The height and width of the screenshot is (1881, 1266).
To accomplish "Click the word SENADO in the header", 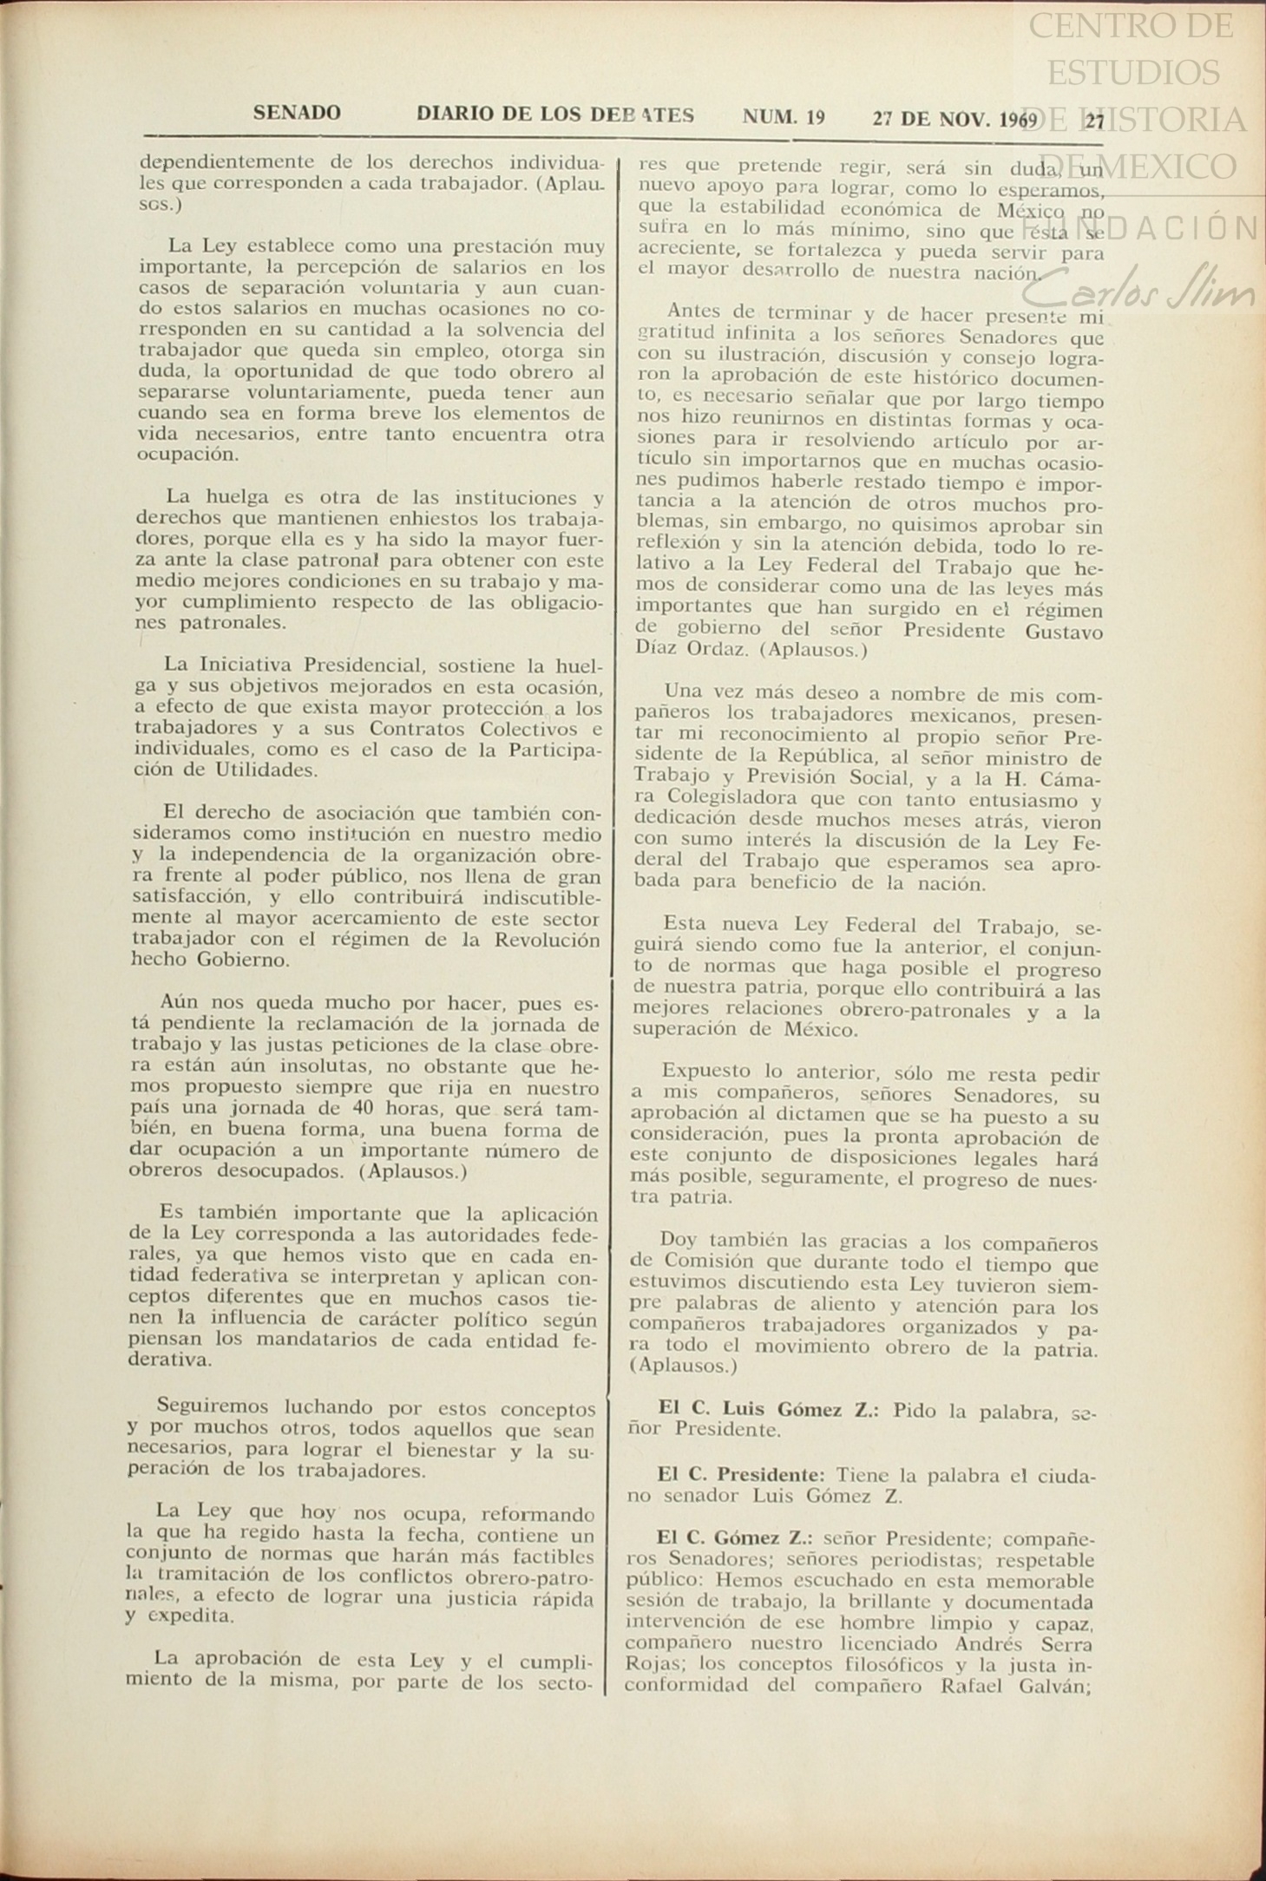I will click(297, 113).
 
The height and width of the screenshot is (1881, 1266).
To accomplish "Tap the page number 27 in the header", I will click(1095, 121).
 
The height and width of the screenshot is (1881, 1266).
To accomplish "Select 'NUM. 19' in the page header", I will click(784, 116).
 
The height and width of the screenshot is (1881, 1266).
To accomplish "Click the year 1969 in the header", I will click(1018, 120).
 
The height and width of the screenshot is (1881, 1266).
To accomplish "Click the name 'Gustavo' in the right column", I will click(1064, 632).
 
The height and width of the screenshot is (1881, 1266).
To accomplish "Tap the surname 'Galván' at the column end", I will click(1048, 1687).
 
